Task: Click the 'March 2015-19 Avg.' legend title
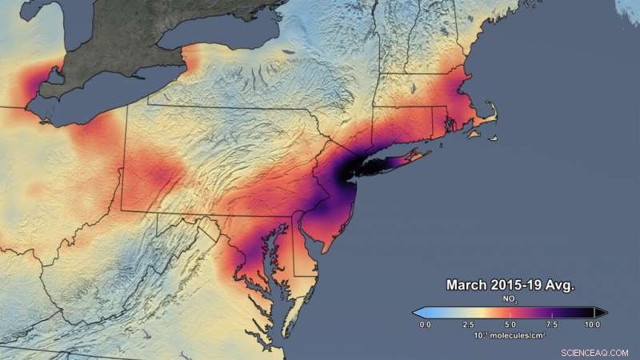pyautogui.click(x=510, y=285)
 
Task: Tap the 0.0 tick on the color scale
pyautogui.click(x=426, y=326)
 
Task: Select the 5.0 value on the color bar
pyautogui.click(x=510, y=326)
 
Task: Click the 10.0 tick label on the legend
pyautogui.click(x=593, y=326)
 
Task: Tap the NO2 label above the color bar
pyautogui.click(x=510, y=298)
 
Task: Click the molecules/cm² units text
pyautogui.click(x=512, y=335)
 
